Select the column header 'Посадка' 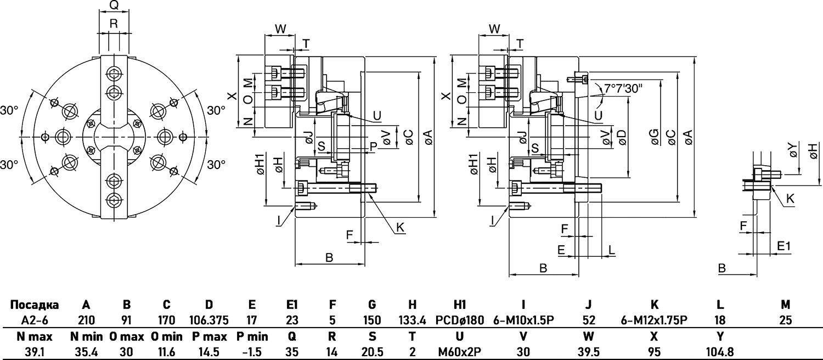coord(35,305)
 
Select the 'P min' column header coord(252,336)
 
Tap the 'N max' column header coord(35,336)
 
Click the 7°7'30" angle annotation coord(623,88)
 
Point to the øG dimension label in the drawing coord(655,140)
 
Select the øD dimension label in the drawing coord(622,138)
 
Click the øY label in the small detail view coord(791,150)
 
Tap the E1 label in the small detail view coord(783,248)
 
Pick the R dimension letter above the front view coord(114,23)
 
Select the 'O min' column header coord(167,336)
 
